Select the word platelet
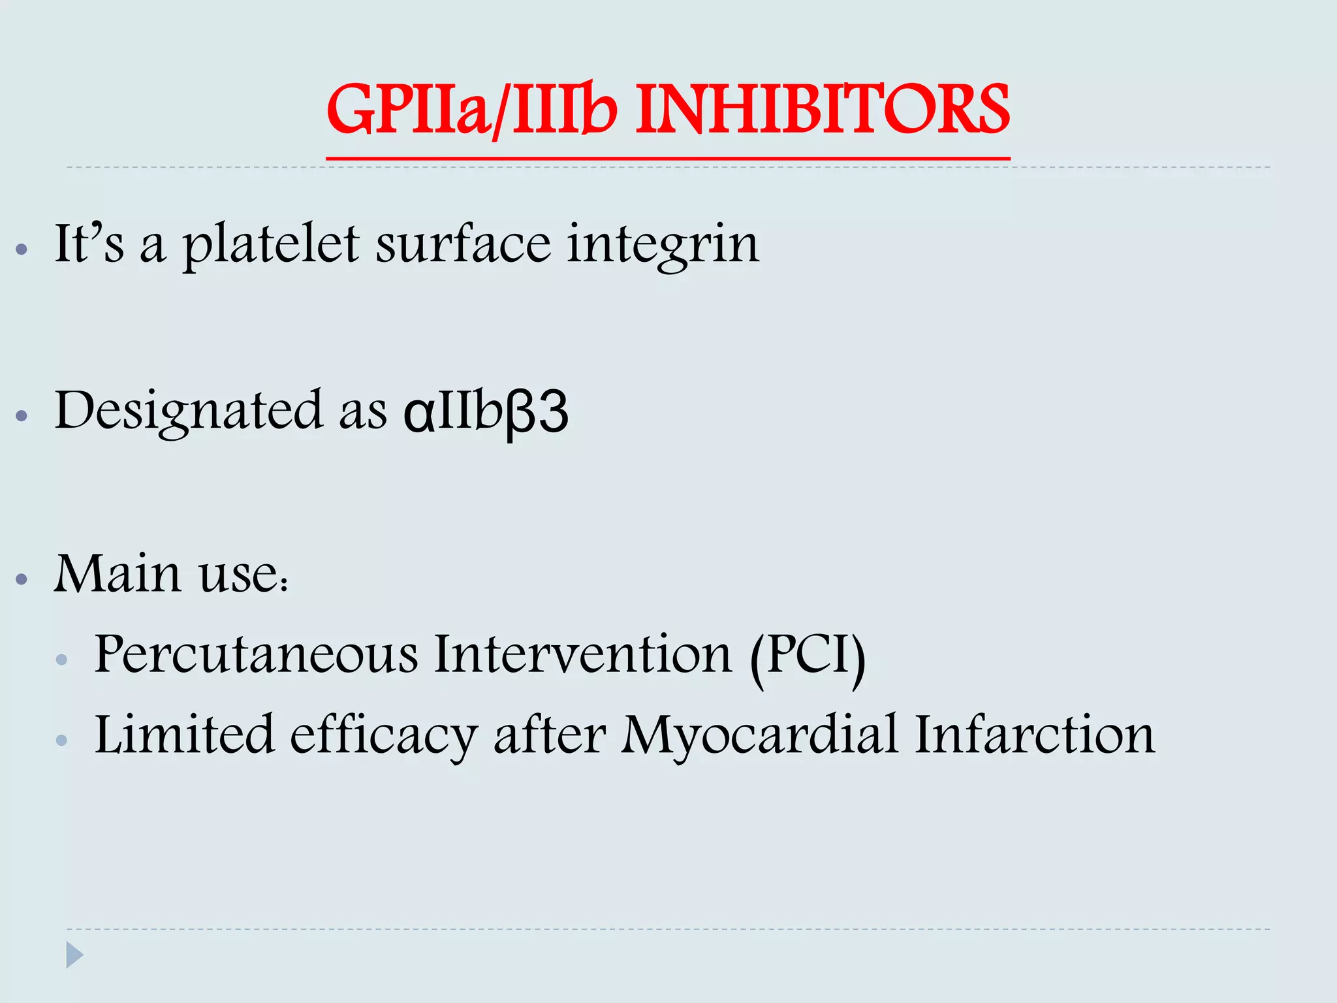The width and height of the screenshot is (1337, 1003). pyautogui.click(x=270, y=244)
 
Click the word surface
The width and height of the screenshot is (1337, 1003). pyautogui.click(x=463, y=244)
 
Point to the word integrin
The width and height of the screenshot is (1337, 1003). pyautogui.click(x=663, y=246)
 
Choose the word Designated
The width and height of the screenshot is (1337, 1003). pyautogui.click(x=189, y=411)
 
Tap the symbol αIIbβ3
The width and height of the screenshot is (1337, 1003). pyautogui.click(x=486, y=411)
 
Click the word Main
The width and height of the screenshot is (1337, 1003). pyautogui.click(x=118, y=574)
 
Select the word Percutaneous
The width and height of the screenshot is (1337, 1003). pyautogui.click(x=256, y=654)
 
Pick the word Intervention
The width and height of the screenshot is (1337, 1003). pyautogui.click(x=583, y=654)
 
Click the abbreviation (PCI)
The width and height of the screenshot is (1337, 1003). pyautogui.click(x=808, y=656)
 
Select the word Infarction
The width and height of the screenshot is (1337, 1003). pyautogui.click(x=1034, y=735)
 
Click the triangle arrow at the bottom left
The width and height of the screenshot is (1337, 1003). pyautogui.click(x=74, y=955)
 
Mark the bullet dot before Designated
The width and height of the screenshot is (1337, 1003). pyautogui.click(x=22, y=415)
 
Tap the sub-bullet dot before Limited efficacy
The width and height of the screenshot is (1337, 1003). pyautogui.click(x=62, y=740)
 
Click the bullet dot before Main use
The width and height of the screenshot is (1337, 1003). pyautogui.click(x=22, y=579)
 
